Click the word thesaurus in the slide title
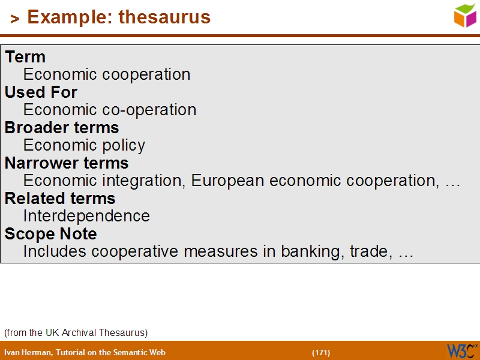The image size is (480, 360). (x=164, y=17)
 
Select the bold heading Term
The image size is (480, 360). (x=25, y=57)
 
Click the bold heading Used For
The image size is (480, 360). (x=41, y=92)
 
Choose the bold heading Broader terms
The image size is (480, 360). (x=62, y=128)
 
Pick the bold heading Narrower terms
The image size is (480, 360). (x=67, y=163)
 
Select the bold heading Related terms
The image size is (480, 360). (x=60, y=199)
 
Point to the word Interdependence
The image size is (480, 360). (x=86, y=216)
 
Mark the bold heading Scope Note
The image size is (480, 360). (x=50, y=234)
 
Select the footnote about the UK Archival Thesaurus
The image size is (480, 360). (x=76, y=332)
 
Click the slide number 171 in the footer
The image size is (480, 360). (x=321, y=352)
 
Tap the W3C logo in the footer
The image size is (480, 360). (x=461, y=350)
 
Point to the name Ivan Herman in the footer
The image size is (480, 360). (x=27, y=352)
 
